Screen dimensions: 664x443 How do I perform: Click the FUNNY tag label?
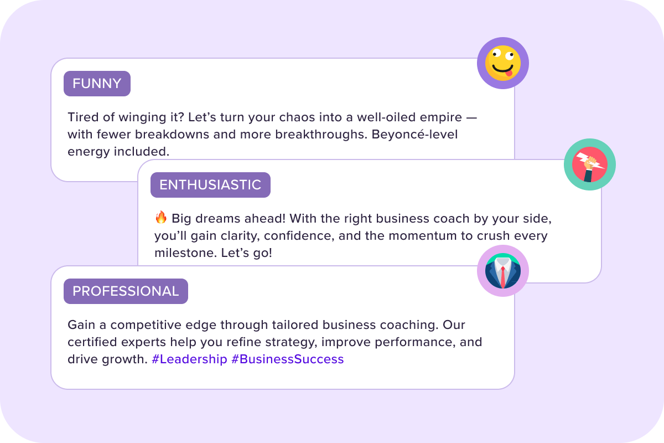[x=97, y=84]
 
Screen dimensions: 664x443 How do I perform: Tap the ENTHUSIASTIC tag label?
[x=210, y=185]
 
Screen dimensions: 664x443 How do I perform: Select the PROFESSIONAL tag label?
[x=126, y=291]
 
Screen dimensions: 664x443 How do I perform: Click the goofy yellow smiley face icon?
[x=503, y=63]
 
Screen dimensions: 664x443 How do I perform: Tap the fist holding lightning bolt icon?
[x=590, y=164]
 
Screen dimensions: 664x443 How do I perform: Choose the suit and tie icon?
[x=503, y=271]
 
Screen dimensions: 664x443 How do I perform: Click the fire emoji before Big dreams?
[x=161, y=218]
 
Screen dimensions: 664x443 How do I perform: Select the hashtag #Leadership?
[x=189, y=359]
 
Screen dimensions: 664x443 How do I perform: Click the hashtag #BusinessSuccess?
[x=288, y=359]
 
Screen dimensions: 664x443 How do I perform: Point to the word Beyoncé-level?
[x=414, y=135]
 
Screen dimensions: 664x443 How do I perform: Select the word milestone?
[x=185, y=253]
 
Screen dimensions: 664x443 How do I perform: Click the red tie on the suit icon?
[x=503, y=277]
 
